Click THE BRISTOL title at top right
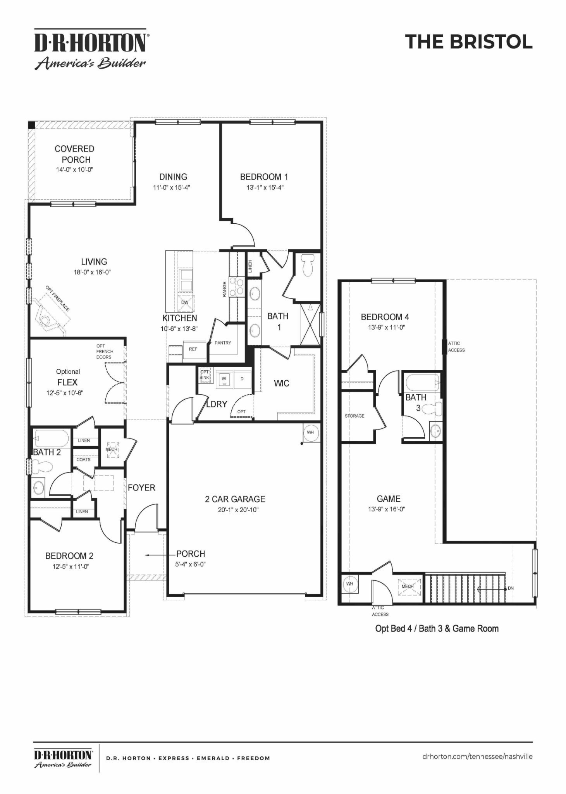click(469, 42)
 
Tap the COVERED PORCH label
click(74, 154)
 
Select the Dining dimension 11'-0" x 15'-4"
click(171, 187)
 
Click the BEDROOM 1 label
click(264, 177)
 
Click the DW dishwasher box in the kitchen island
click(185, 302)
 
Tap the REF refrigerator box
click(193, 349)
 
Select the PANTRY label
click(223, 343)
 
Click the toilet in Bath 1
click(308, 265)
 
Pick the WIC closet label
click(281, 383)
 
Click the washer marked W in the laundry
click(224, 379)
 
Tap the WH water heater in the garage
click(311, 432)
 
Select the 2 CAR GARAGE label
click(235, 499)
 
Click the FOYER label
click(141, 488)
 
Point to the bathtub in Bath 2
click(52, 438)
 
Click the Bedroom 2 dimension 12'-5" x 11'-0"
click(71, 566)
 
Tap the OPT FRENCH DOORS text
click(104, 352)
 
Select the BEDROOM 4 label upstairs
click(385, 317)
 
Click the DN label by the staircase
click(511, 588)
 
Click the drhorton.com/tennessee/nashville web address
click(477, 756)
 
